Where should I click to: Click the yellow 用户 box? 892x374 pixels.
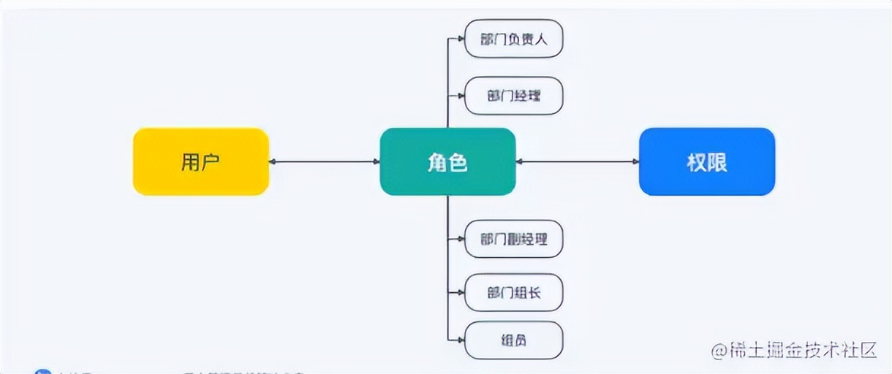point(201,161)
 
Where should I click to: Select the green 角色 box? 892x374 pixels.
point(447,161)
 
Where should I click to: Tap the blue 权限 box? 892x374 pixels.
point(707,161)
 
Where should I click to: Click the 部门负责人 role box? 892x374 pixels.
point(514,39)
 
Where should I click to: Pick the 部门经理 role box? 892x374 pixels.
point(514,96)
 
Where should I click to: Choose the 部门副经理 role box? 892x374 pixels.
point(514,239)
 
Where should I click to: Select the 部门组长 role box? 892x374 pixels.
point(514,293)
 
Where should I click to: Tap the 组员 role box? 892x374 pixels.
point(514,340)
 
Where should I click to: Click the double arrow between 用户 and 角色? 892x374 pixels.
point(325,161)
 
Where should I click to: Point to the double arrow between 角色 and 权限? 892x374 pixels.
point(578,161)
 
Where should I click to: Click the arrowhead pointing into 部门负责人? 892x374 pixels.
point(461,39)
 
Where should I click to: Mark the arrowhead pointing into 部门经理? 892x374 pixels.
point(461,96)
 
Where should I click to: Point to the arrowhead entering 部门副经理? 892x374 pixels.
point(461,239)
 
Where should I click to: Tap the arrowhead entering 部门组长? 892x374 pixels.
point(461,293)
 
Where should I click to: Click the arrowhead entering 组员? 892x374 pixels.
point(461,340)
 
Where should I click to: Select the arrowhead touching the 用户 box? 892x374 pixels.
point(273,161)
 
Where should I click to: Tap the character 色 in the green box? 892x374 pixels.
point(458,162)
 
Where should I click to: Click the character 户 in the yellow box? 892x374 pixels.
point(211,162)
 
